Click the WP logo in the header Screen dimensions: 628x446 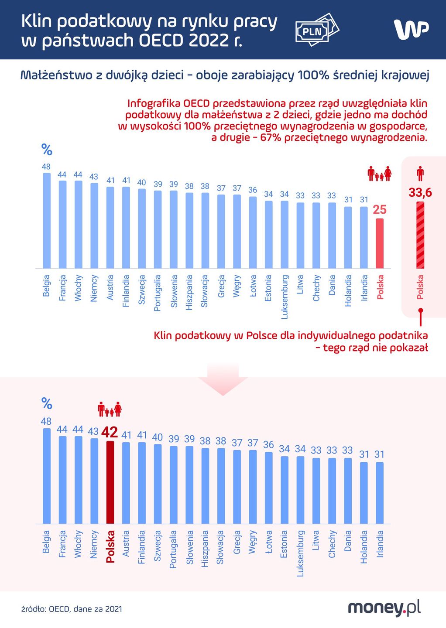pos(411,29)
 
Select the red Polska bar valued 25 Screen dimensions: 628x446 pos(380,243)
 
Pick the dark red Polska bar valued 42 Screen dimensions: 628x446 pos(110,482)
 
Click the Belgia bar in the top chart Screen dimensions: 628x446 pos(46,220)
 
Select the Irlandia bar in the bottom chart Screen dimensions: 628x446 pos(380,493)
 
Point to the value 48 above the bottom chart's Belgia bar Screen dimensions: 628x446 pos(46,421)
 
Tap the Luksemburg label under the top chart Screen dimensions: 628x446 pos(285,297)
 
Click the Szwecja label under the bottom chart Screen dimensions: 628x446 pos(157,546)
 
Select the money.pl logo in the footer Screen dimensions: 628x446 pos(384,608)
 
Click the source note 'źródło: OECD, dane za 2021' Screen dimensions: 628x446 pos(72,609)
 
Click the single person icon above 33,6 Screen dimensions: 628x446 pos(420,174)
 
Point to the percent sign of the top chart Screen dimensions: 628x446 pos(47,150)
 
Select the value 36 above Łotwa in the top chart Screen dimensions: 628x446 pos(253,190)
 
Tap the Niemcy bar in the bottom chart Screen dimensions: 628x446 pos(94,481)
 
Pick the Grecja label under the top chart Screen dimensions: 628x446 pos(221,286)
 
